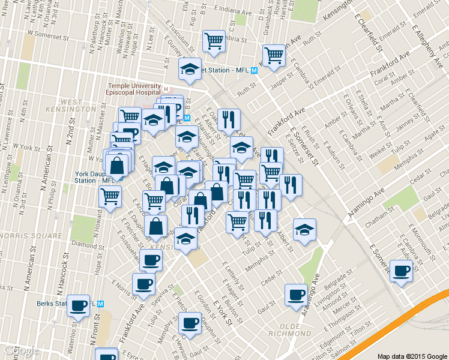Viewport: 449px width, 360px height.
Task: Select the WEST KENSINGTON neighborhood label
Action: (x=79, y=106)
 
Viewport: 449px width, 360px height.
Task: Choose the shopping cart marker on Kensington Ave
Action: (x=274, y=56)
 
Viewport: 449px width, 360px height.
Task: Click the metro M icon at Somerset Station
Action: (x=255, y=70)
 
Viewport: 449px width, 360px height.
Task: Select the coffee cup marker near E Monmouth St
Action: (x=400, y=270)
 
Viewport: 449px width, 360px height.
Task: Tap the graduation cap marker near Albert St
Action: (x=304, y=230)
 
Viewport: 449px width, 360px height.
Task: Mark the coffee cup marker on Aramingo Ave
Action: (x=295, y=295)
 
